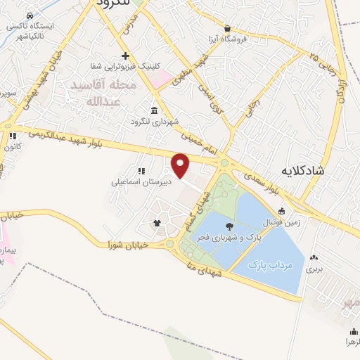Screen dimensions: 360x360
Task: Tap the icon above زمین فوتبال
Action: click(282, 212)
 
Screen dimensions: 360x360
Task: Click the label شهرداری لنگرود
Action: click(153, 122)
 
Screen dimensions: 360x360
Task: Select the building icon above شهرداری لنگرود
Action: click(154, 110)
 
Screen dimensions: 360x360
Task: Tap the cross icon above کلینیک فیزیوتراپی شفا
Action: click(125, 56)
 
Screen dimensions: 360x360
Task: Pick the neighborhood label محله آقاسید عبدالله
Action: click(103, 93)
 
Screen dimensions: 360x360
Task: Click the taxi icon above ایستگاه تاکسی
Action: click(29, 15)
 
